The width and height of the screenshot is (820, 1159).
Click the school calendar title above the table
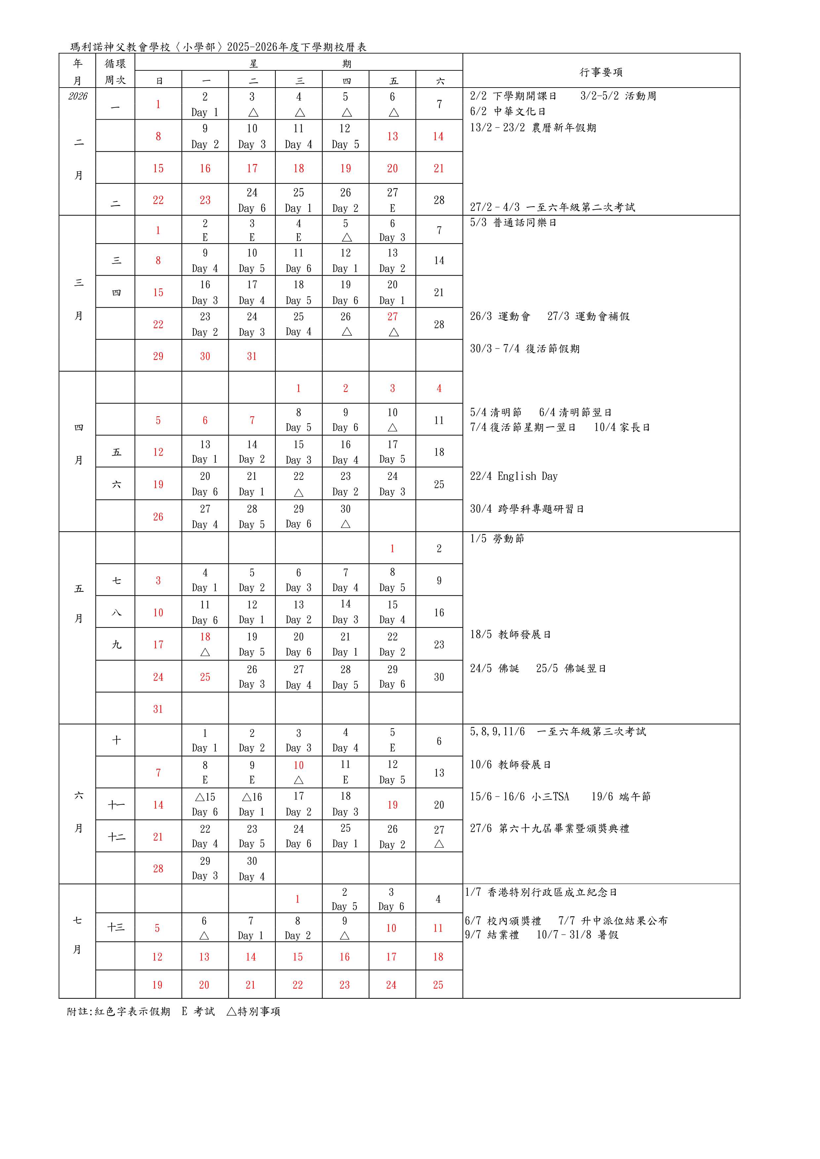click(x=218, y=47)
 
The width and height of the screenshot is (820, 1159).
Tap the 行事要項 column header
click(x=601, y=72)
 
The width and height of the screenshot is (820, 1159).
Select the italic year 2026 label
click(x=78, y=96)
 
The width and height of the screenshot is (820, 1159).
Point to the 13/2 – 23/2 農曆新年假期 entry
click(x=533, y=128)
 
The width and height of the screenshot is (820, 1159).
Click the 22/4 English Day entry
click(x=514, y=476)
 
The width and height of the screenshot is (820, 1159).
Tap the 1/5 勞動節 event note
click(x=497, y=539)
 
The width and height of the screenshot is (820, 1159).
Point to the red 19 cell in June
click(x=392, y=804)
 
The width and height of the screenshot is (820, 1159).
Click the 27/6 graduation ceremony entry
click(x=549, y=828)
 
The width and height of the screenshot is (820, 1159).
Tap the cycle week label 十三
click(x=116, y=927)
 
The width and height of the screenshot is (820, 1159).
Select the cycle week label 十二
click(x=116, y=837)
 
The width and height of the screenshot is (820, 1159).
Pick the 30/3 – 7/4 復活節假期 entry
click(x=525, y=349)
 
